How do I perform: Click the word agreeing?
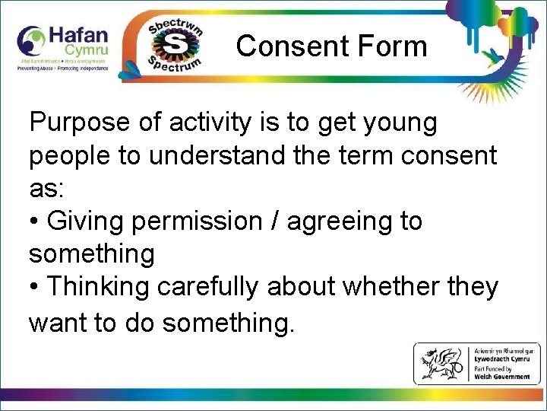[340, 221]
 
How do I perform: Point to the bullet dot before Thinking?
[34, 288]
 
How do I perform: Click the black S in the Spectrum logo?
[175, 46]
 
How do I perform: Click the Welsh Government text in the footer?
[503, 377]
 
